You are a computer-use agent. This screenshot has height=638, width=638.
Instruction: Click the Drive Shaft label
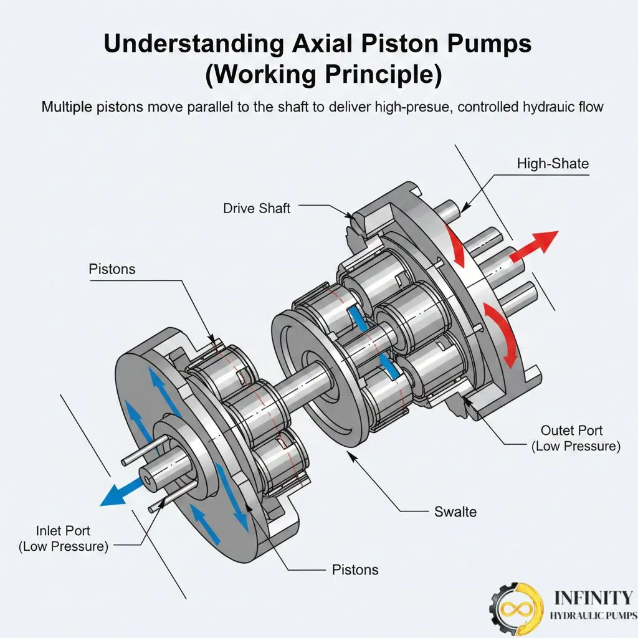(257, 208)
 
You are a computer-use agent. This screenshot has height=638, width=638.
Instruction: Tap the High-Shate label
(553, 164)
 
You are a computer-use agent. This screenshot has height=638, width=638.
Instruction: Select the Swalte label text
(455, 512)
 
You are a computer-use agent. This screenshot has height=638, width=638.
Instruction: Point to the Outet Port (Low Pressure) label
(571, 438)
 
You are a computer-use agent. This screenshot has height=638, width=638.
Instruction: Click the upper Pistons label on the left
(112, 269)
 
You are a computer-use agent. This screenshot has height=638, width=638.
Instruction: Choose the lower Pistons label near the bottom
(355, 569)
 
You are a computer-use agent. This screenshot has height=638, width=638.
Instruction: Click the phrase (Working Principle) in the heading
(323, 74)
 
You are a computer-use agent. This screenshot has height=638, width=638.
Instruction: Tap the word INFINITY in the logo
(593, 598)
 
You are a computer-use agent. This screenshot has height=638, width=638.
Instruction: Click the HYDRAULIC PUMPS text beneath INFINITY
(593, 616)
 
